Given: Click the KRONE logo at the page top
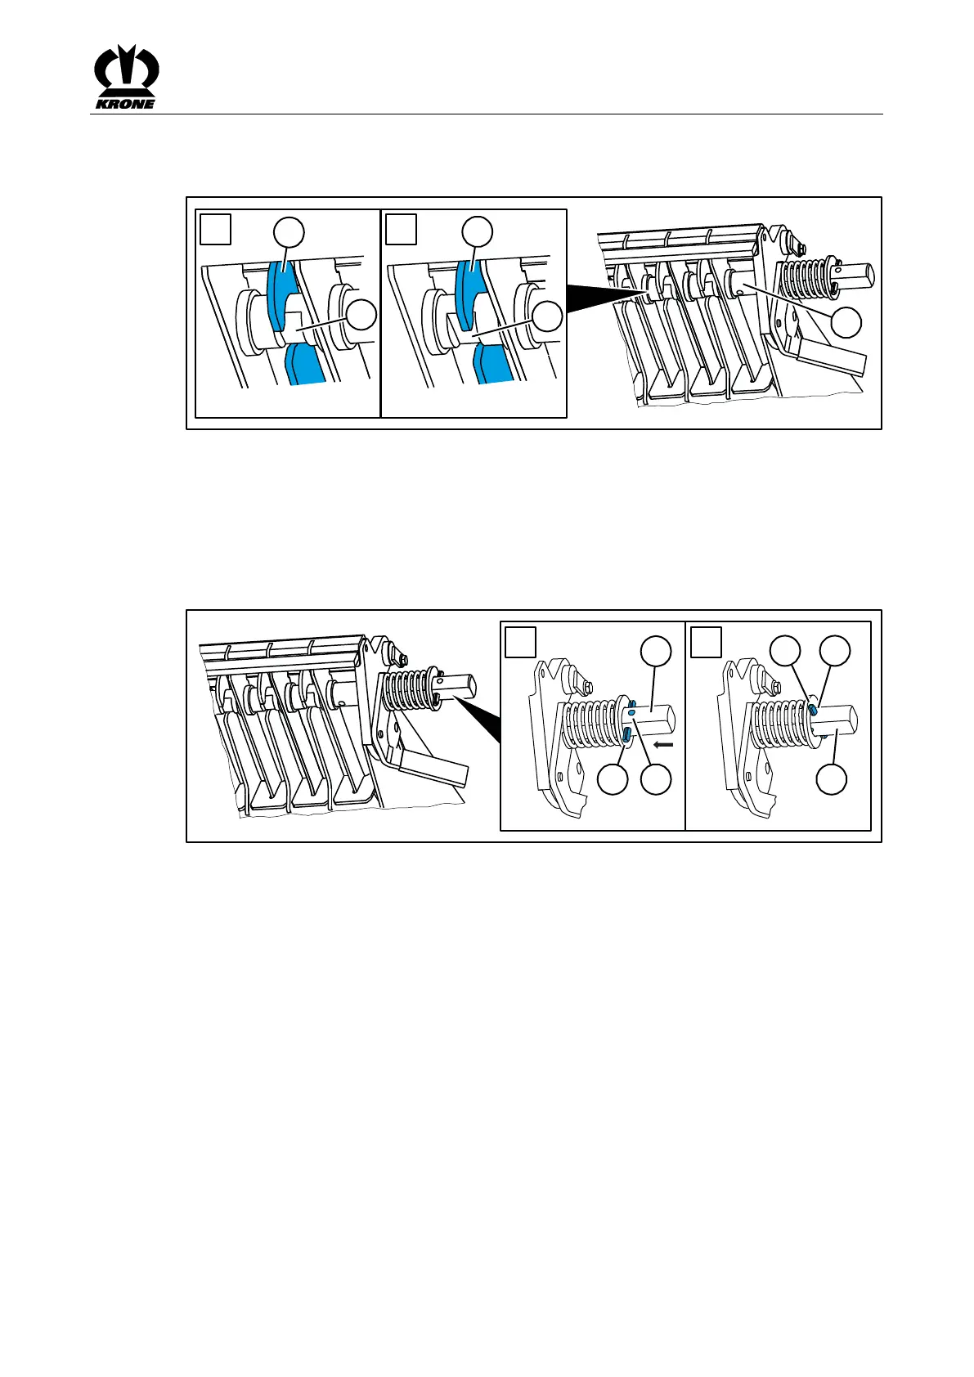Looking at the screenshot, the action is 125,77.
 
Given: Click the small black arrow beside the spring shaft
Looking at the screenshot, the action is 664,744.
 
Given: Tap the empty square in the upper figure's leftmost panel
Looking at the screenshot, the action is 216,230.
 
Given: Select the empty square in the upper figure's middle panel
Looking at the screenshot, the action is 402,230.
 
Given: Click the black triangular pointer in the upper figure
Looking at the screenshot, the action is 602,298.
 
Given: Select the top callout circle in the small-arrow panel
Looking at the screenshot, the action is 656,651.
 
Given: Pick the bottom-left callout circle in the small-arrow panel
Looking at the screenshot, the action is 613,779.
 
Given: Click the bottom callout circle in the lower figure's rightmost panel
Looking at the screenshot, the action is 833,779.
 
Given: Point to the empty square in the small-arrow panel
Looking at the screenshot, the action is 521,643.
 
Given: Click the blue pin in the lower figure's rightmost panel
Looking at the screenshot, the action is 814,710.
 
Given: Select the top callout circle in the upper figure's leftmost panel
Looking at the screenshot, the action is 290,232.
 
